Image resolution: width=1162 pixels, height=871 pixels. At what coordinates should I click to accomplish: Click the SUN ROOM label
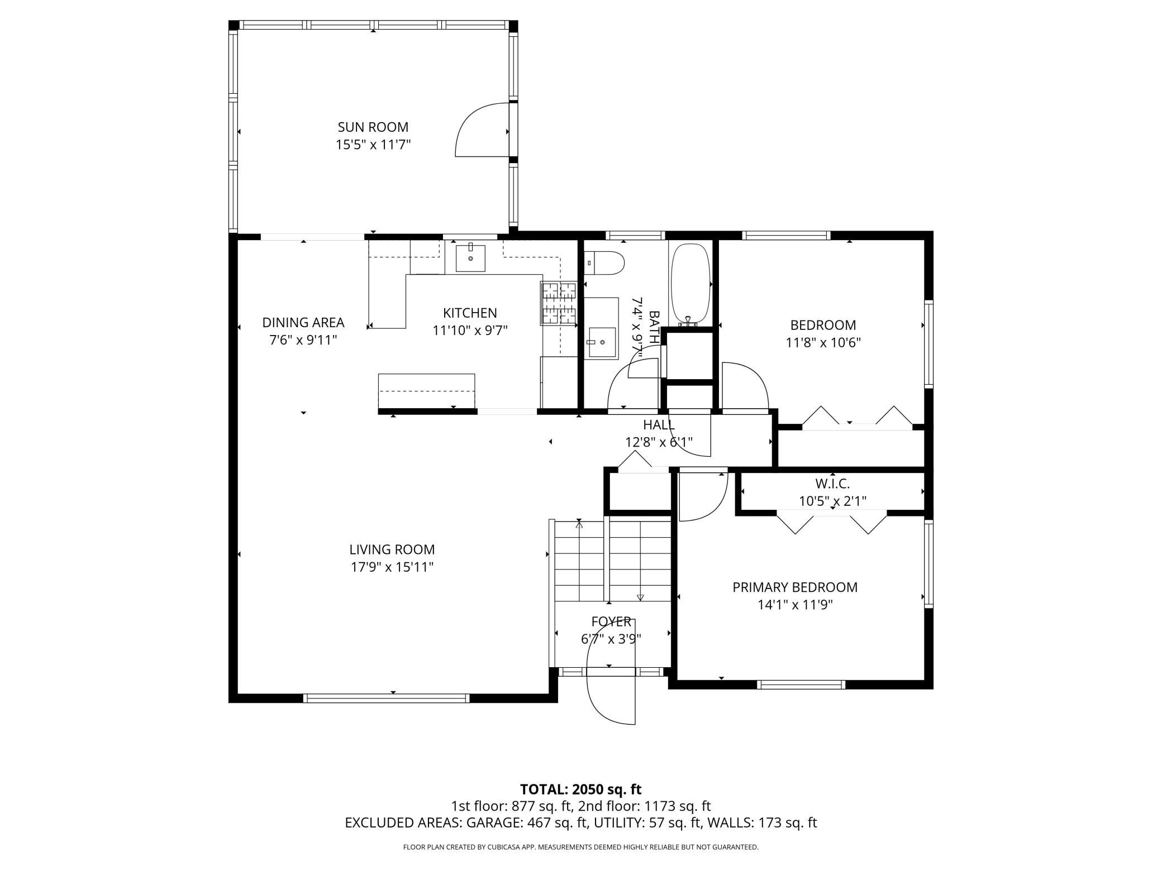(x=373, y=127)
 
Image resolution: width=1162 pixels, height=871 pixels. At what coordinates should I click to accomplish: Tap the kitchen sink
(x=470, y=258)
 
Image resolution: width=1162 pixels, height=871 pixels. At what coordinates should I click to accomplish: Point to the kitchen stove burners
(x=558, y=304)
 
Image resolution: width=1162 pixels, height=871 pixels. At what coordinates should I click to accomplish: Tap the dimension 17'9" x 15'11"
(x=392, y=567)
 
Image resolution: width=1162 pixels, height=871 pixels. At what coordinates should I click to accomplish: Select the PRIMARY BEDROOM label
(x=795, y=587)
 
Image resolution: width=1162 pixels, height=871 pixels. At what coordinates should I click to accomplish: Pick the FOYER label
(x=611, y=621)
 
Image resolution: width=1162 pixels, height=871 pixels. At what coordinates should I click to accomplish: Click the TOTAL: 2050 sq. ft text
(x=580, y=789)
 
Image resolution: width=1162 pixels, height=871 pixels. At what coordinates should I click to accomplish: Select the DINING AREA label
(x=303, y=323)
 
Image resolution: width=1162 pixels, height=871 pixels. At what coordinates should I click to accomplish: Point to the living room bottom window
(x=387, y=698)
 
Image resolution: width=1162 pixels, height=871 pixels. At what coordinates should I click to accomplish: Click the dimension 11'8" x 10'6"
(x=823, y=343)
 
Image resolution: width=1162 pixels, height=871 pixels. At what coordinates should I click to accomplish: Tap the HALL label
(x=659, y=425)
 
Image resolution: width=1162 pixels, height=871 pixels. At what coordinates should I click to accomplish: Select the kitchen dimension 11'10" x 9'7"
(x=470, y=331)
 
